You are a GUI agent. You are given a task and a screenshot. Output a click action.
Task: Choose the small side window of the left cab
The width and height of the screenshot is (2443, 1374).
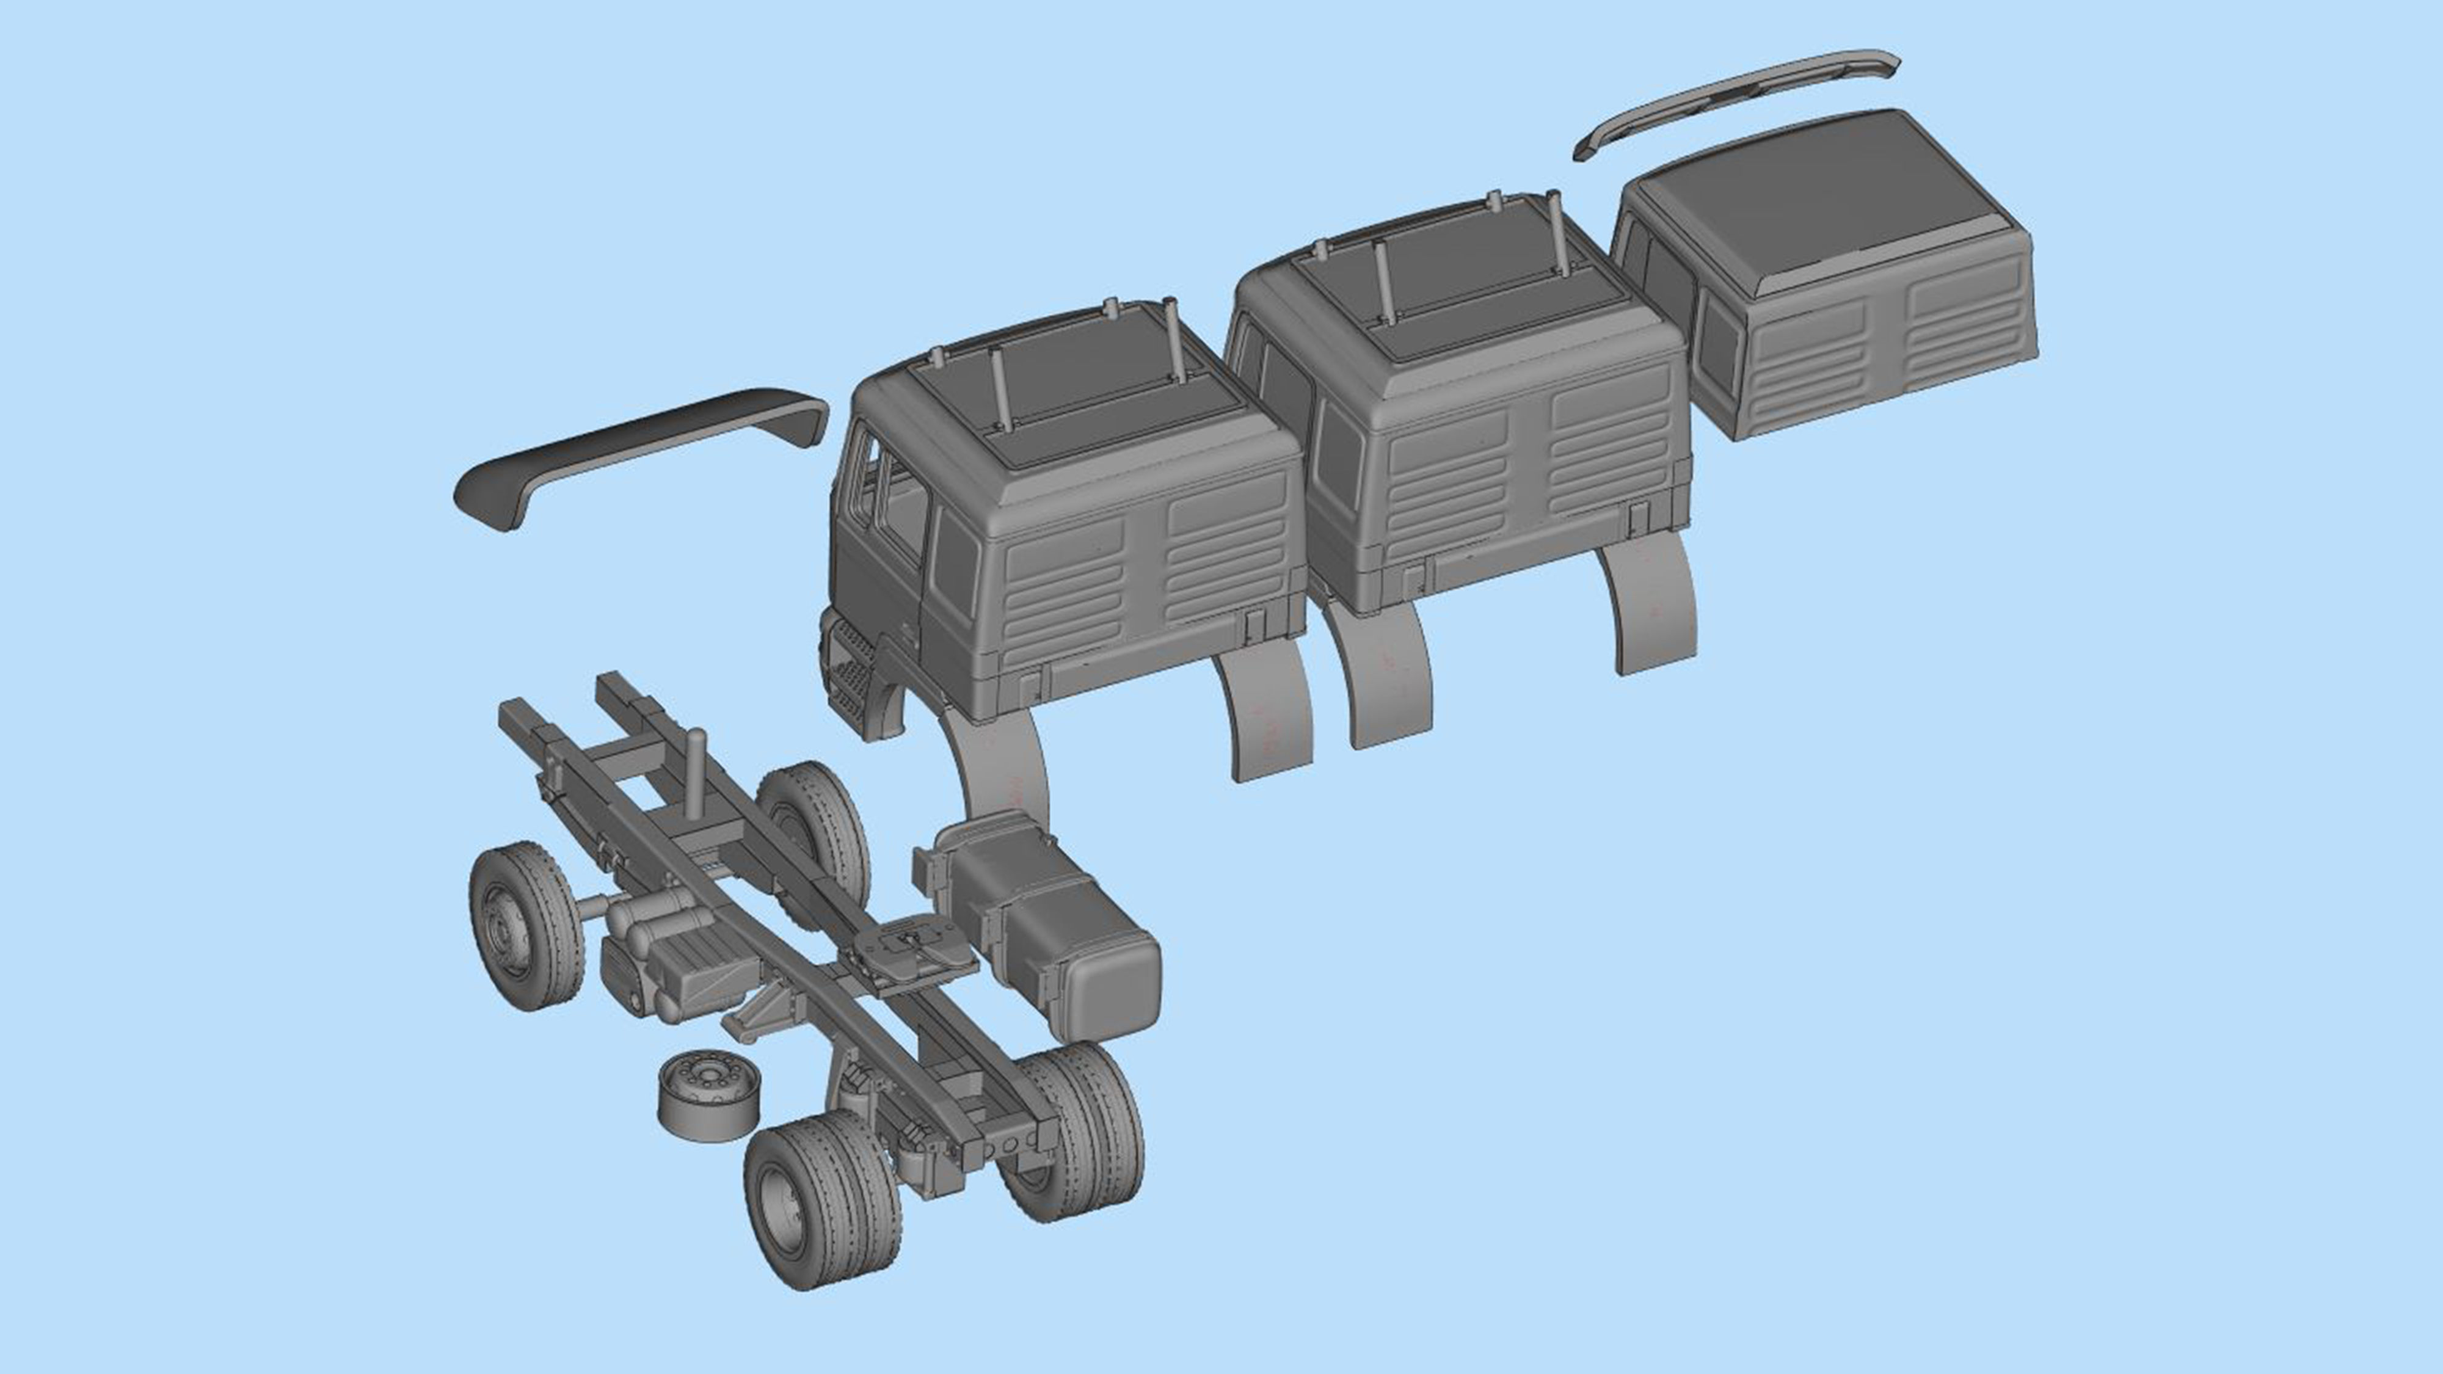click(955, 559)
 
